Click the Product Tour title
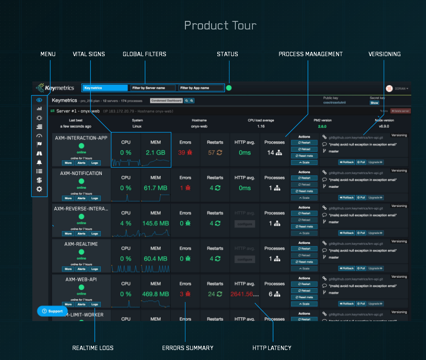tap(220, 25)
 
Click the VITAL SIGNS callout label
tap(89, 54)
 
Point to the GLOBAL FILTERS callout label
tap(145, 54)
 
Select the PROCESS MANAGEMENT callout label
tap(310, 54)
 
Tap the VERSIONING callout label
tap(384, 54)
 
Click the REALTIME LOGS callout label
tap(93, 348)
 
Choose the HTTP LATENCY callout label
tap(272, 348)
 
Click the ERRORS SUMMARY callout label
tap(188, 348)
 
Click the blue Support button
tap(52, 311)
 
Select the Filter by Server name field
tap(153, 88)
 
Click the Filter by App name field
tap(199, 88)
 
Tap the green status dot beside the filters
tap(229, 88)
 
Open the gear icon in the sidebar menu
tap(39, 189)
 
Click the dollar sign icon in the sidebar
tap(39, 180)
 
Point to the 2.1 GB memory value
tap(155, 153)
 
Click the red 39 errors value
tap(185, 153)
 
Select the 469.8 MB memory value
tap(155, 294)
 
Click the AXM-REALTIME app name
tap(81, 244)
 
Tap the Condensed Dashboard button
tap(166, 101)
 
